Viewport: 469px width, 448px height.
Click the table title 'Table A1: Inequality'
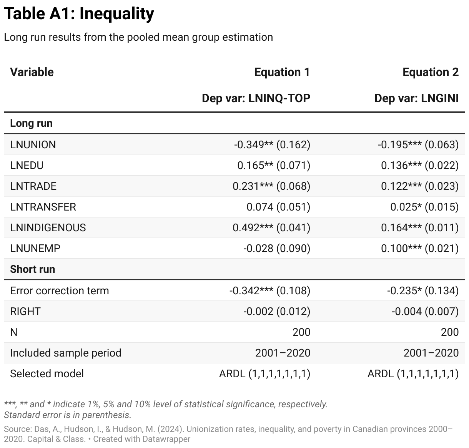[79, 14]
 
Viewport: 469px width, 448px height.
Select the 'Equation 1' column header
[282, 72]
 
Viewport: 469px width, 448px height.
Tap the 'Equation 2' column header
[430, 72]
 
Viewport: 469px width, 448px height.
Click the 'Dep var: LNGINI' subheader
[416, 98]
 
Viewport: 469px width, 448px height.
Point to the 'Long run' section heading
[31, 123]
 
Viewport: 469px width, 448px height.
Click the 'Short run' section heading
[33, 269]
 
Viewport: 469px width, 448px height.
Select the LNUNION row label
[33, 144]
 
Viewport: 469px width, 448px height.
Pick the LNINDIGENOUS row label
[48, 227]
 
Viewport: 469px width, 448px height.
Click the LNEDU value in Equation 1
[273, 165]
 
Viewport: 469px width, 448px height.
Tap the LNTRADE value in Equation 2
[419, 186]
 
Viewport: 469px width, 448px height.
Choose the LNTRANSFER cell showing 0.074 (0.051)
[278, 207]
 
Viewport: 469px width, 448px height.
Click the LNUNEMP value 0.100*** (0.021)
[419, 248]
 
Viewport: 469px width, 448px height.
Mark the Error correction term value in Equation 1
[269, 290]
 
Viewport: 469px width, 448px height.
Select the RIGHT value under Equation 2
[425, 311]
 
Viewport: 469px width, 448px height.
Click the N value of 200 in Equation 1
[301, 332]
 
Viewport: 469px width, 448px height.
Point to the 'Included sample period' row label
[66, 353]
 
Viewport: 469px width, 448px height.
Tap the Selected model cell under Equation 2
[413, 373]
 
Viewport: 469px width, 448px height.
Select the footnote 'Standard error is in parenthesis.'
[68, 415]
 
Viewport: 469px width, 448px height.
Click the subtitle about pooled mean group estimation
[138, 37]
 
